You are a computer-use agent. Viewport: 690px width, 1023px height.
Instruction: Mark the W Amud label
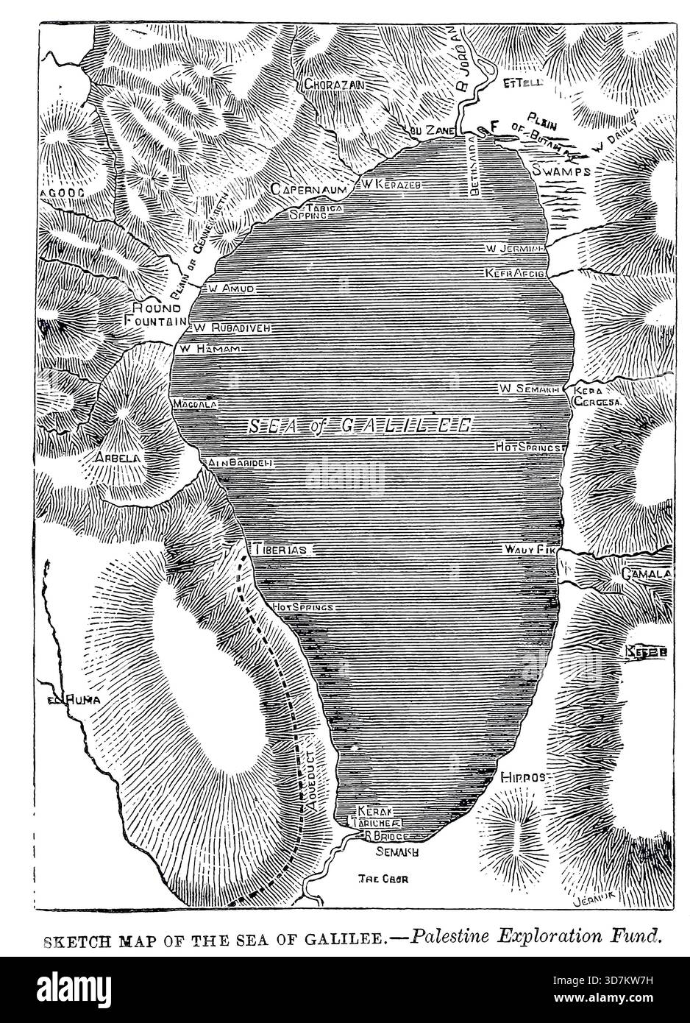(230, 289)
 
